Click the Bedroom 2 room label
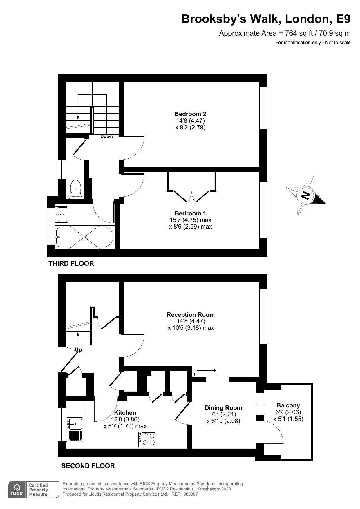(190, 114)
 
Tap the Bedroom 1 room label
(190, 213)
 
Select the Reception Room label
(191, 315)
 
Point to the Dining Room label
(223, 408)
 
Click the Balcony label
(288, 405)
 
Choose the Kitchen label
(125, 413)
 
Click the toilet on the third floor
(75, 189)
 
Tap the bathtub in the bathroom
(84, 237)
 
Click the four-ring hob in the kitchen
(147, 439)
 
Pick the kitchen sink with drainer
(75, 429)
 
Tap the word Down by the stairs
(106, 137)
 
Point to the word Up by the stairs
(78, 350)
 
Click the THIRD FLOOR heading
(71, 263)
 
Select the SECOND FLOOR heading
(88, 466)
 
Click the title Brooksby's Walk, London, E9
(266, 19)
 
